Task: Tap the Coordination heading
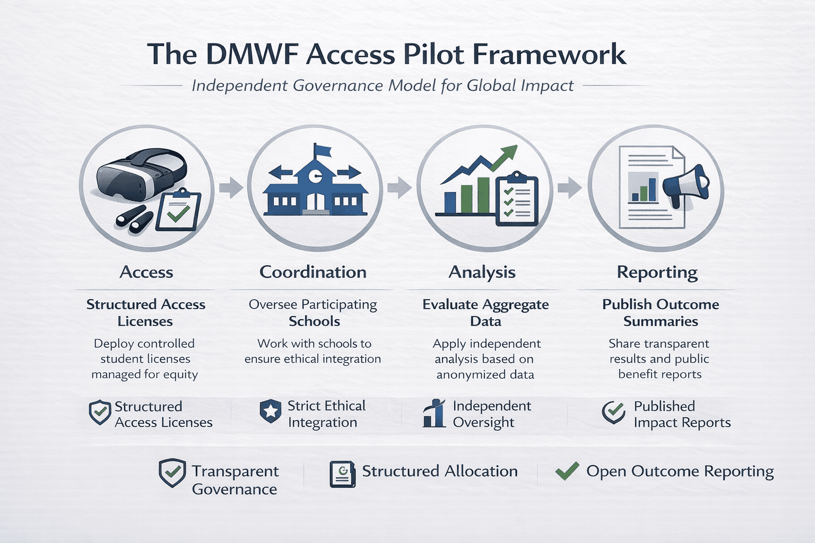[x=313, y=272]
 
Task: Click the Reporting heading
[x=657, y=273]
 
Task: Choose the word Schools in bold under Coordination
[x=314, y=321]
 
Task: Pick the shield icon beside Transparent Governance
[x=172, y=472]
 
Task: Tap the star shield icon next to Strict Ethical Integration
[x=270, y=411]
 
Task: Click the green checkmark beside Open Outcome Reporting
[x=567, y=471]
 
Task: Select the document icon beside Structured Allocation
[x=342, y=474]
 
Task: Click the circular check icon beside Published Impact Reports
[x=614, y=412]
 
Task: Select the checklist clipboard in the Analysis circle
[x=516, y=200]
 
